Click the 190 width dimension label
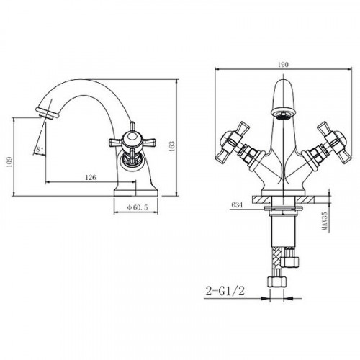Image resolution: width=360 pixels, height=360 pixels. tap(283, 64)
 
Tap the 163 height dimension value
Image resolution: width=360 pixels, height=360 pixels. tap(172, 146)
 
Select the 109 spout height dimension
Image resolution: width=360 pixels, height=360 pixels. tap(9, 163)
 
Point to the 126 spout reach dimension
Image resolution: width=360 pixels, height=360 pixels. tap(91, 177)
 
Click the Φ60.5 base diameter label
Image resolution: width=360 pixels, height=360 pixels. tap(138, 207)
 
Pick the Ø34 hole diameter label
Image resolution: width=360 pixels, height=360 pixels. tap(237, 205)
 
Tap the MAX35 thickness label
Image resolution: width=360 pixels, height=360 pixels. tap(325, 221)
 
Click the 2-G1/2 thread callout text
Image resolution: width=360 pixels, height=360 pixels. tap(225, 291)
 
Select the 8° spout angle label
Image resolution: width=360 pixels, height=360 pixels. tap(40, 149)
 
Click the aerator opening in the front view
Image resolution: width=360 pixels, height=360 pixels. tap(284, 114)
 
